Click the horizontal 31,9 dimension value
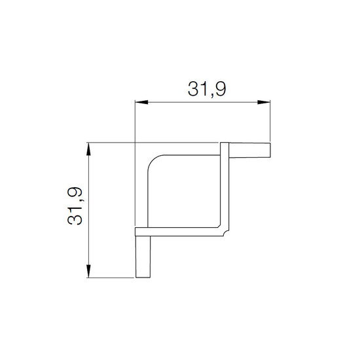[x=207, y=89]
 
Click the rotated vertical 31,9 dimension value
[x=75, y=206]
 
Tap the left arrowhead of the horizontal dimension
[x=141, y=102]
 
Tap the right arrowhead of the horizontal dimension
[x=264, y=102]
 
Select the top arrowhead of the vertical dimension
[x=88, y=149]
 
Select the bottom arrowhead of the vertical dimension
[x=88, y=271]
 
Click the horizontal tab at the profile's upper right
[x=250, y=151]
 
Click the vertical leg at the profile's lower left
[x=143, y=257]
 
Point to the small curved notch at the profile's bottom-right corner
[x=226, y=233]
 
